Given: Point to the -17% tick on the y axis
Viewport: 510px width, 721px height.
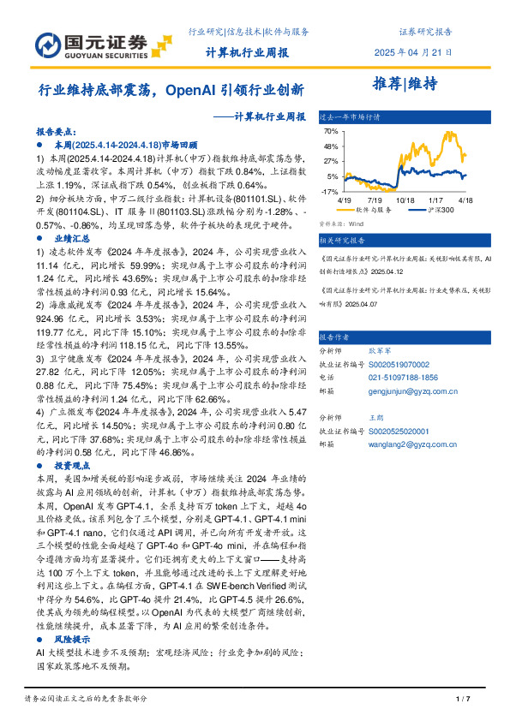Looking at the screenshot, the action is click(330, 191).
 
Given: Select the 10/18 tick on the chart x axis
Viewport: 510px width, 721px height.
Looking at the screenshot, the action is click(406, 200).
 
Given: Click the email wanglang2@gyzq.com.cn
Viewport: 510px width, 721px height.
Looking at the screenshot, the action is click(409, 445).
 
